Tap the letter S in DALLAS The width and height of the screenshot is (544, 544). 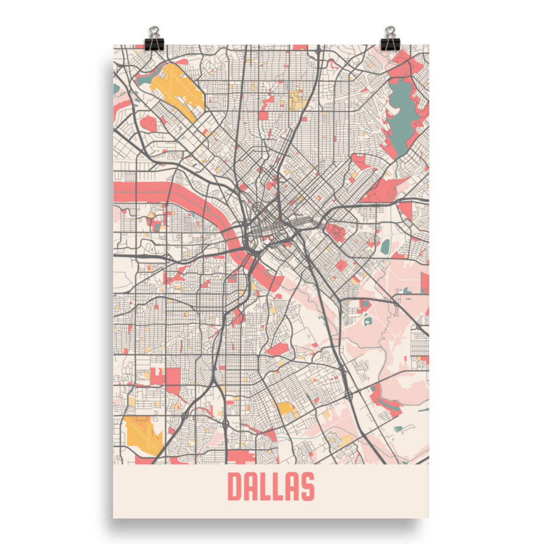pos(307,486)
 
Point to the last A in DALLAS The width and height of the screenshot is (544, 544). pos(293,486)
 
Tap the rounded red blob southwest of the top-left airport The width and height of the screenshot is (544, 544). pos(148,123)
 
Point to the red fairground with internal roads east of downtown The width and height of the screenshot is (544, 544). pos(336,232)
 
